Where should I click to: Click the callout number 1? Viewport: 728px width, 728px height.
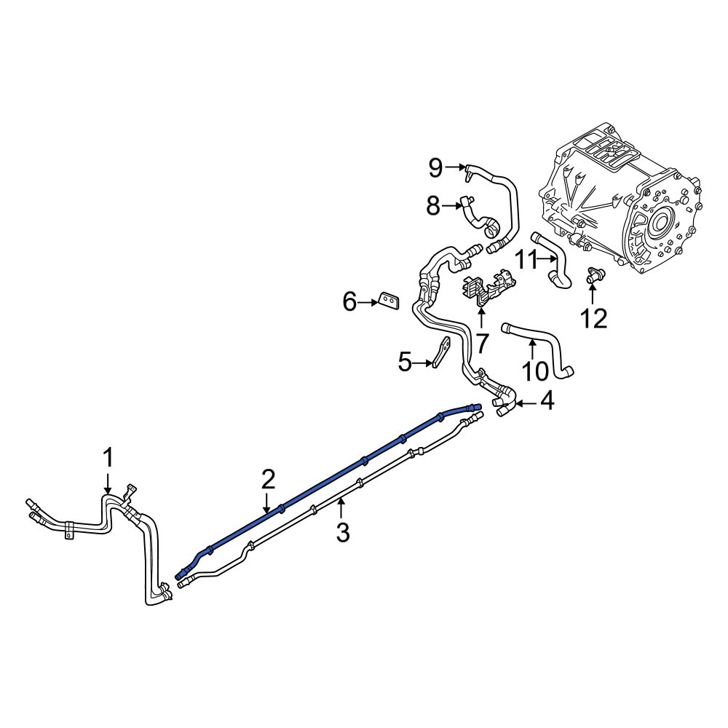pos(108,459)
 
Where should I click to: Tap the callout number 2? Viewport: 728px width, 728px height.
pos(268,479)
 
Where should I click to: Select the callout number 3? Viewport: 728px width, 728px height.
pos(342,533)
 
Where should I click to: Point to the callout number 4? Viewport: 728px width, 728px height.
pos(546,401)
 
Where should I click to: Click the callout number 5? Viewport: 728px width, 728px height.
pos(405,362)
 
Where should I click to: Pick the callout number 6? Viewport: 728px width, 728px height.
pos(350,301)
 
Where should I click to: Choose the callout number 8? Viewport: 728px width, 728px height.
pos(434,207)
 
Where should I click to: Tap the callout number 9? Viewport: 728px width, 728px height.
pos(435,168)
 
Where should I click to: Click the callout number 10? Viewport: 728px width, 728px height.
pos(535,371)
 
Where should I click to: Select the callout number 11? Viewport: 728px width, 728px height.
pos(526,258)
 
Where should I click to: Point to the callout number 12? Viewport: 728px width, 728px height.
pos(593,318)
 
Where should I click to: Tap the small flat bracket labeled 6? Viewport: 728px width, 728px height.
pos(389,299)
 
